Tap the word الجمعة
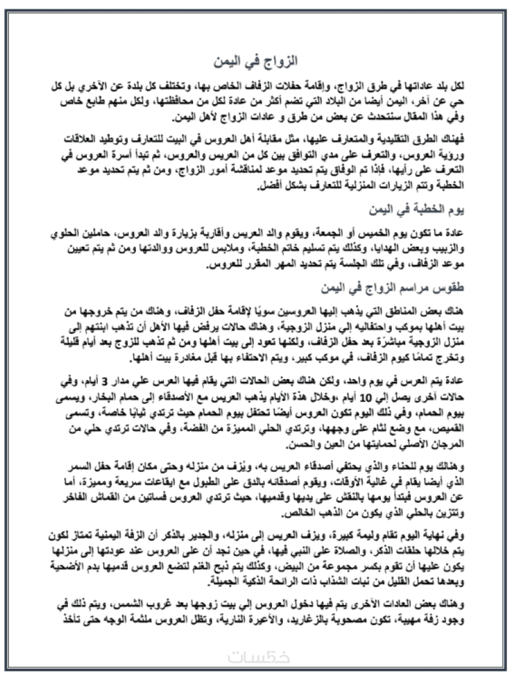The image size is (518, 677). click(x=338, y=233)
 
